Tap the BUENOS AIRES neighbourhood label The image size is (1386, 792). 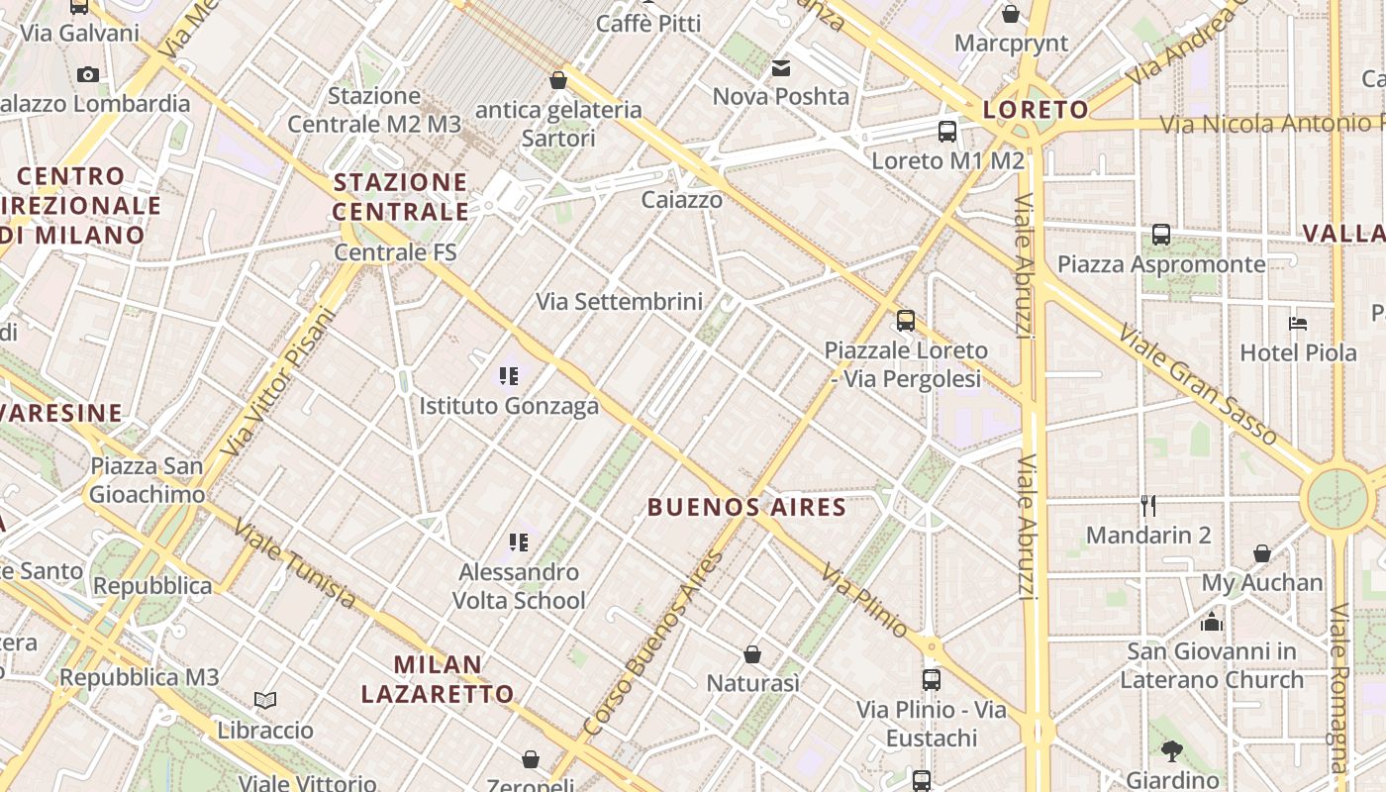pos(746,508)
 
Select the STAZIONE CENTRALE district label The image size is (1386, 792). pos(401,197)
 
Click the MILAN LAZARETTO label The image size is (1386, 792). pos(438,679)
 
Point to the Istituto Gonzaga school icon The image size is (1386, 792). pos(509,376)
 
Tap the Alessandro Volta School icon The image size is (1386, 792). pos(519,543)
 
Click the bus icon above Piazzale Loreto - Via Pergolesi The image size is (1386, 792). pos(906,320)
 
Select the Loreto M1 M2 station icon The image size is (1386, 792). pos(947,131)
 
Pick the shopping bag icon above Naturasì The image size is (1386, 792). pos(752,654)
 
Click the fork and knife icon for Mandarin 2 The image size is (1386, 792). pos(1148,506)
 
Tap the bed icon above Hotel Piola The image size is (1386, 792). pos(1298,323)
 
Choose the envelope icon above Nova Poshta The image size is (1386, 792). pos(781,67)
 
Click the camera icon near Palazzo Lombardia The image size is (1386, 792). pos(88,74)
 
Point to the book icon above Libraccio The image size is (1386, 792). pos(265,700)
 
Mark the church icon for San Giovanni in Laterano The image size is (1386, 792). pos(1212,622)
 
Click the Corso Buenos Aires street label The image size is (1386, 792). pos(654,643)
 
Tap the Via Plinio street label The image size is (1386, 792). pos(864,601)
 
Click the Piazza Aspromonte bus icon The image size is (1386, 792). pos(1161,235)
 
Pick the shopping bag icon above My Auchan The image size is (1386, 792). pos(1262,552)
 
